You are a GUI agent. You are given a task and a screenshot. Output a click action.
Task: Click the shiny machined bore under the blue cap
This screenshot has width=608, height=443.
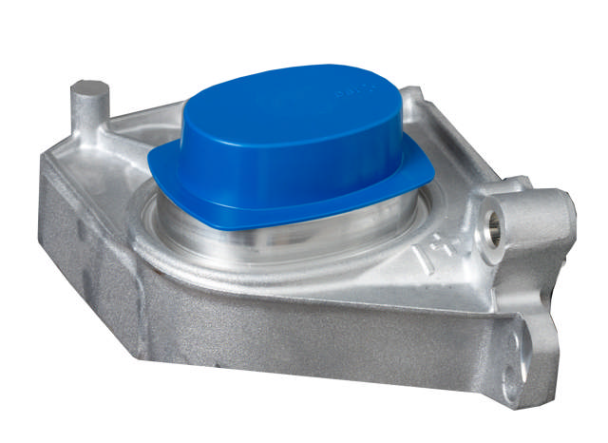[247, 238]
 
